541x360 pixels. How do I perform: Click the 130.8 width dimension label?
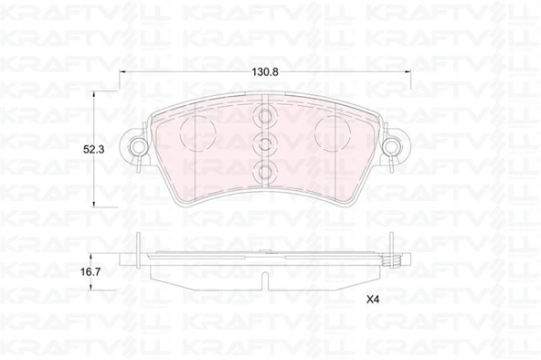[265, 72]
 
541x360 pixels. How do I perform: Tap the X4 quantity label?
[373, 300]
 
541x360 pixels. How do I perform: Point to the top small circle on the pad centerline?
[265, 116]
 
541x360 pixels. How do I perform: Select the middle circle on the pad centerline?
[265, 143]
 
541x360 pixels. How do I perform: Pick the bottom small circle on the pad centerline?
[265, 171]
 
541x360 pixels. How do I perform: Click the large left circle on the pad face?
[198, 133]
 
